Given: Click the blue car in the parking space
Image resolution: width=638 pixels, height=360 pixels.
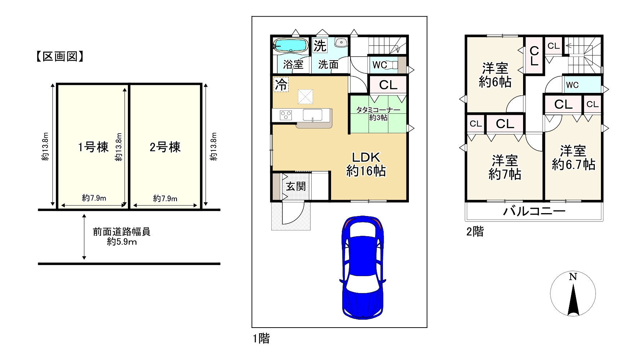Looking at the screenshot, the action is (x=363, y=267).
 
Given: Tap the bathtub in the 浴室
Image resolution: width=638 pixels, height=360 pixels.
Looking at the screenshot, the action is (x=290, y=45).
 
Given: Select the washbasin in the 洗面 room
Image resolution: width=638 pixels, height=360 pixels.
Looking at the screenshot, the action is (x=341, y=42).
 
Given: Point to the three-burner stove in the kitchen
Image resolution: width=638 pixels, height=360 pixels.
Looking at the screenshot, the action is (x=287, y=115).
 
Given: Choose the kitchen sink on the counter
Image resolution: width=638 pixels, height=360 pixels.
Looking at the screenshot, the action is (x=312, y=115).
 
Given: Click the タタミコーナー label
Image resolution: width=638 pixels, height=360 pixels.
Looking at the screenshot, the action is (x=378, y=110).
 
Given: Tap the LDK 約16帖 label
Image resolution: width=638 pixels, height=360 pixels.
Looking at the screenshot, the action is (x=366, y=164).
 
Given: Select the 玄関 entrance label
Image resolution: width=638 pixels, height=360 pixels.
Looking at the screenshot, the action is (x=296, y=186).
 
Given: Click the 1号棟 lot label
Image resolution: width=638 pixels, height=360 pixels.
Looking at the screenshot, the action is (x=93, y=147).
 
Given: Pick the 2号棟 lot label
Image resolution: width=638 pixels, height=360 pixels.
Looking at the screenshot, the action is (x=165, y=147).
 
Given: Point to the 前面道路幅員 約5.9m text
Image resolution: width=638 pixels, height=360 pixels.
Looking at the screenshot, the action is (x=122, y=237).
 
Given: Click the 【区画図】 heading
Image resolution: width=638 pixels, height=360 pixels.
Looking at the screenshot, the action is (x=60, y=57).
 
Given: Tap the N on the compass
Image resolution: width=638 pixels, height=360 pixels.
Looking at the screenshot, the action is (x=573, y=277).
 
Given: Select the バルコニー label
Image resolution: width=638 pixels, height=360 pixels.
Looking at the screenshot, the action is (x=534, y=211).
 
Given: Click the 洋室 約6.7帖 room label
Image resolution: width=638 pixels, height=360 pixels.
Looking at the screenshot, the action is (x=573, y=158).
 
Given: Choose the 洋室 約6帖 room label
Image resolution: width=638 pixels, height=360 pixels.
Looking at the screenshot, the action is (x=495, y=75).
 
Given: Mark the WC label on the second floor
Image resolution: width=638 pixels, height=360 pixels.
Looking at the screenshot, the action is (x=572, y=85).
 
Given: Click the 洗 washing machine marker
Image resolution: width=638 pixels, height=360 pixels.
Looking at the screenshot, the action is (x=320, y=46).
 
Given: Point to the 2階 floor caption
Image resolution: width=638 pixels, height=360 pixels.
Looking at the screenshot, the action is (x=475, y=231).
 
